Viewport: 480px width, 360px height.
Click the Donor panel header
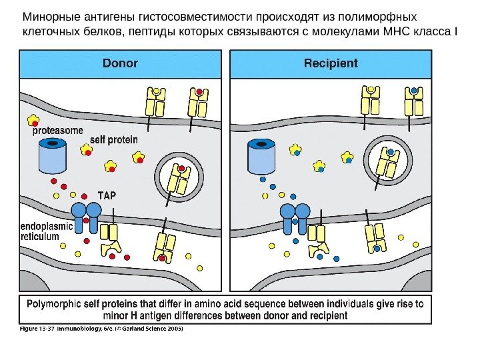(120, 64)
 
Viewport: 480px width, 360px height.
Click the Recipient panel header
(331, 64)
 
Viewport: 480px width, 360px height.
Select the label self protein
(113, 140)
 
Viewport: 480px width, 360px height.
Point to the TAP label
(111, 195)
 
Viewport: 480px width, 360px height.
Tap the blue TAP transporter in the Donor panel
(86, 217)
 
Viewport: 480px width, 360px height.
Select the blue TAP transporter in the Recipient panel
(294, 217)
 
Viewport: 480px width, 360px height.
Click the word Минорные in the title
(51, 16)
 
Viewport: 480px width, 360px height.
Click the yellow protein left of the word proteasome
(32, 120)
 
